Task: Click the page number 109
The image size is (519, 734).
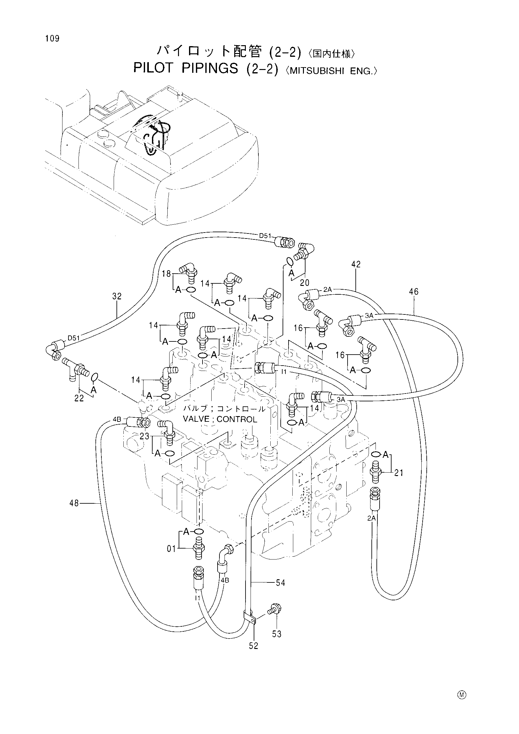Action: coord(52,39)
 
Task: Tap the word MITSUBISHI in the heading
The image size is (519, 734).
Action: coord(316,71)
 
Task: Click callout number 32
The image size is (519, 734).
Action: coord(117,296)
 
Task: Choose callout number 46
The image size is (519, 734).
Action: coord(414,292)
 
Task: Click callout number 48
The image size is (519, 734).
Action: coord(74,503)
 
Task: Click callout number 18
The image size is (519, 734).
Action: coord(166,274)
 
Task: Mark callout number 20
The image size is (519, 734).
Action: coord(305,283)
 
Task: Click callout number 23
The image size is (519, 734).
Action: coord(144,436)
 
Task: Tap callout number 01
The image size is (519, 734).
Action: coord(171,549)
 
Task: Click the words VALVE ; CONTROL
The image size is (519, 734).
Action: coord(220,419)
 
